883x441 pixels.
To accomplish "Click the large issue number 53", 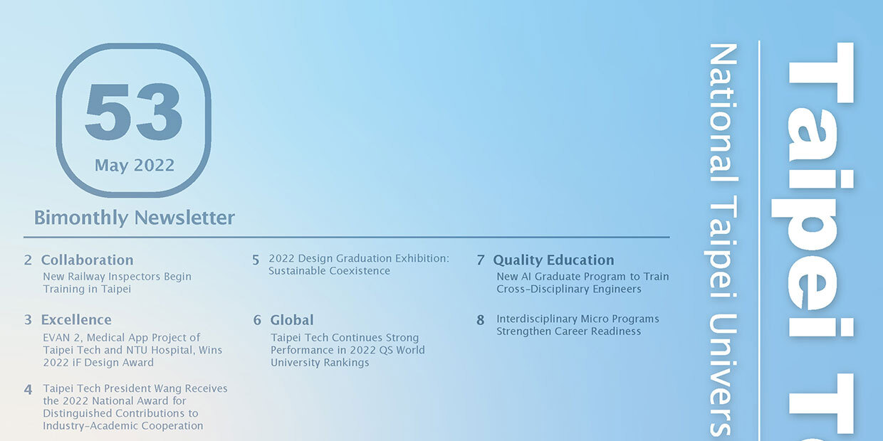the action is [x=134, y=112].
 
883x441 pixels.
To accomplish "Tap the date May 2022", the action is [x=135, y=165].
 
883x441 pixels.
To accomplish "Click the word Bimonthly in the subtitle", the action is [x=80, y=218].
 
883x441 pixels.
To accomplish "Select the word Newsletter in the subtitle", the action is [x=184, y=218].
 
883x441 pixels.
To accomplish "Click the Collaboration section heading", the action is [x=87, y=260].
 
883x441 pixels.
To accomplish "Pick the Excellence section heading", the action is [x=76, y=320].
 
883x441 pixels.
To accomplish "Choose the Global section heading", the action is [x=292, y=320].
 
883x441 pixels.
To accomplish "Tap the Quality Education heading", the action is [x=553, y=260].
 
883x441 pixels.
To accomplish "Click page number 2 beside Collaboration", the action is [x=28, y=260].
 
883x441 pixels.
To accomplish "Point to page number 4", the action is [x=28, y=390].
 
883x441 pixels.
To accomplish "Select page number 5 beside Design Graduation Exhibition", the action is [x=256, y=260].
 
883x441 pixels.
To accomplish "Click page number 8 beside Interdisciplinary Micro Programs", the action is [x=480, y=320].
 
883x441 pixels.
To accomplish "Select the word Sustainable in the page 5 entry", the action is [x=297, y=271].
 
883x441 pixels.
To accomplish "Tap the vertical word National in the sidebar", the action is [x=723, y=112].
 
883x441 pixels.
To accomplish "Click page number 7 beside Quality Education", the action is [x=480, y=260].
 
